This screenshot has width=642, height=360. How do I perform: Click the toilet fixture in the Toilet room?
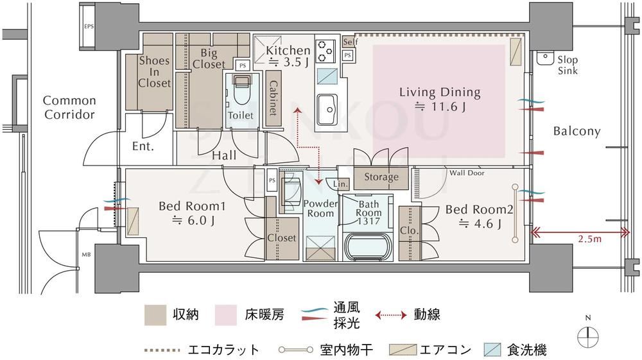[241, 89]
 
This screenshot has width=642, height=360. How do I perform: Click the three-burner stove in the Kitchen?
[325, 51]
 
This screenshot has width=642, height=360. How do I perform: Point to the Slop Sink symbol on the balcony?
[544, 58]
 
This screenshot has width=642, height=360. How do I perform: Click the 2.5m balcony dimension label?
[589, 239]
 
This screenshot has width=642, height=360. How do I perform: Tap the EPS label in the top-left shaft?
[89, 26]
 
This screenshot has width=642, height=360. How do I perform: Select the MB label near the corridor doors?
[86, 255]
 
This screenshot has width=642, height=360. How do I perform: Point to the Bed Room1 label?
[192, 206]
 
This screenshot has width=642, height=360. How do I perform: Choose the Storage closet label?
[381, 176]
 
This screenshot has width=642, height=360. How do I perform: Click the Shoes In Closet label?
[154, 72]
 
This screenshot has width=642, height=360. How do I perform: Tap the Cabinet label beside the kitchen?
[273, 98]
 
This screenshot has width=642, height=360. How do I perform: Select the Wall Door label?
[467, 173]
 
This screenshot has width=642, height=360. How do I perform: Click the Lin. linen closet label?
[341, 184]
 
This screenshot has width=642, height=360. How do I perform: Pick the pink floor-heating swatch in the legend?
[225, 315]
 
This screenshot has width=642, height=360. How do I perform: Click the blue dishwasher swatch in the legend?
[492, 350]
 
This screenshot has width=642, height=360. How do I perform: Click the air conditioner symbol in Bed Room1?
[133, 221]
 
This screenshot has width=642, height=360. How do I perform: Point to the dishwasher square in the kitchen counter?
[327, 76]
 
